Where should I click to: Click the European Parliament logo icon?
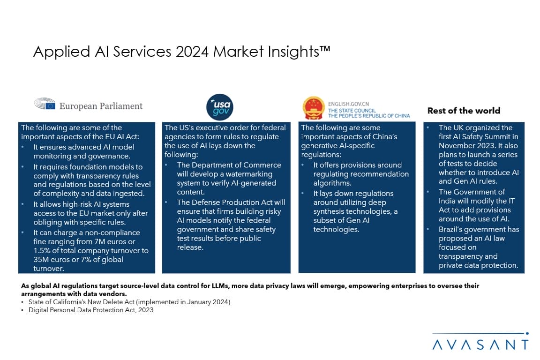45,104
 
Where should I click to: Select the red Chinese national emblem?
313,107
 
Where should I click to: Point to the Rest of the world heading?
464,111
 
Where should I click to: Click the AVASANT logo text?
480,345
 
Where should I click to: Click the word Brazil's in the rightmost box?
451,229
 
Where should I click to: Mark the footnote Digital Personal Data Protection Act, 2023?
91,310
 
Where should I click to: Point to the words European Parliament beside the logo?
101,106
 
